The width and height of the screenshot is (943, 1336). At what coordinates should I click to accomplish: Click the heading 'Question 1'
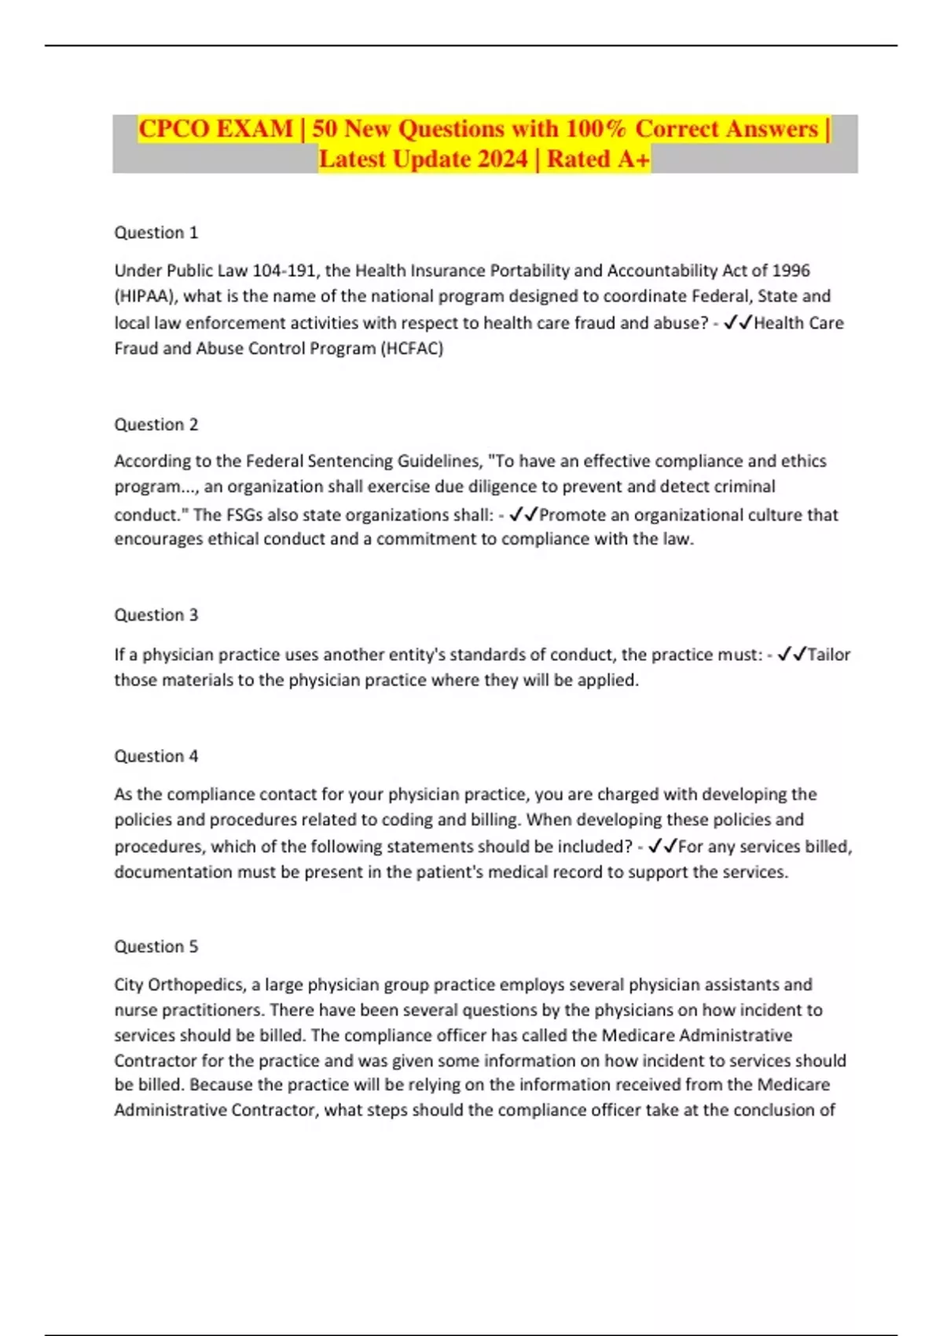[x=156, y=233]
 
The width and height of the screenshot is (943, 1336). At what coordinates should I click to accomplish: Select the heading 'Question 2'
[x=156, y=424]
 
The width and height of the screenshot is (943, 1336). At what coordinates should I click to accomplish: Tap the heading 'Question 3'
[x=156, y=615]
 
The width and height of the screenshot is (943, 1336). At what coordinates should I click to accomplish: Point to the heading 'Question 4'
[x=156, y=756]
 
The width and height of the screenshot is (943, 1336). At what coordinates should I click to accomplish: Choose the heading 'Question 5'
[x=156, y=946]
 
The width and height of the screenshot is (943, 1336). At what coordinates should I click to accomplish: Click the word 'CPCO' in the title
[x=173, y=129]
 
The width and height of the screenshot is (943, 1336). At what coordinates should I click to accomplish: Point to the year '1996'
[x=791, y=271]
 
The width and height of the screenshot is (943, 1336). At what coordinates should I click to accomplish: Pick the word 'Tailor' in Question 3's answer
[x=829, y=655]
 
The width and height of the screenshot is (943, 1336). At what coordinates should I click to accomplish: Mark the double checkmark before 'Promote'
[x=523, y=515]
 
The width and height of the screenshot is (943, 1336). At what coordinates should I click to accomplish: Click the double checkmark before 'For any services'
[x=662, y=846]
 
